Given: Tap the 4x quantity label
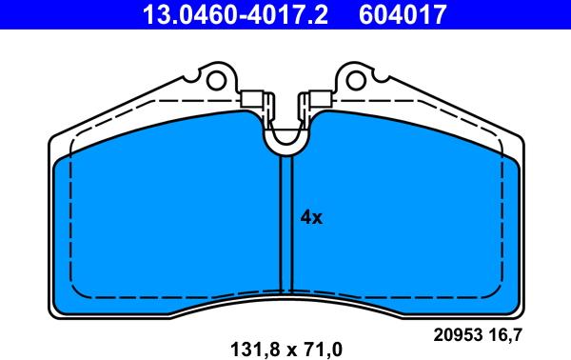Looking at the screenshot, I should (x=311, y=217).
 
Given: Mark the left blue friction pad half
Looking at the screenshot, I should (x=167, y=224).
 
